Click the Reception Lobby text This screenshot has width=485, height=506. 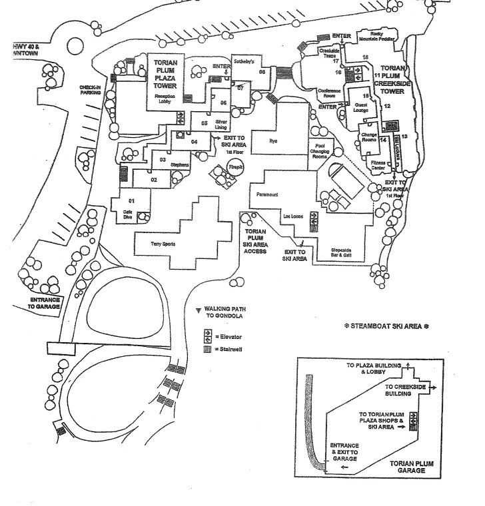pyautogui.click(x=164, y=97)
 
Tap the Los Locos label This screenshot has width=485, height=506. pyautogui.click(x=294, y=217)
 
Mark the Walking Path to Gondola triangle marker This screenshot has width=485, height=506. pyautogui.click(x=198, y=311)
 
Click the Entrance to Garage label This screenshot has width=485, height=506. pyautogui.click(x=46, y=304)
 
